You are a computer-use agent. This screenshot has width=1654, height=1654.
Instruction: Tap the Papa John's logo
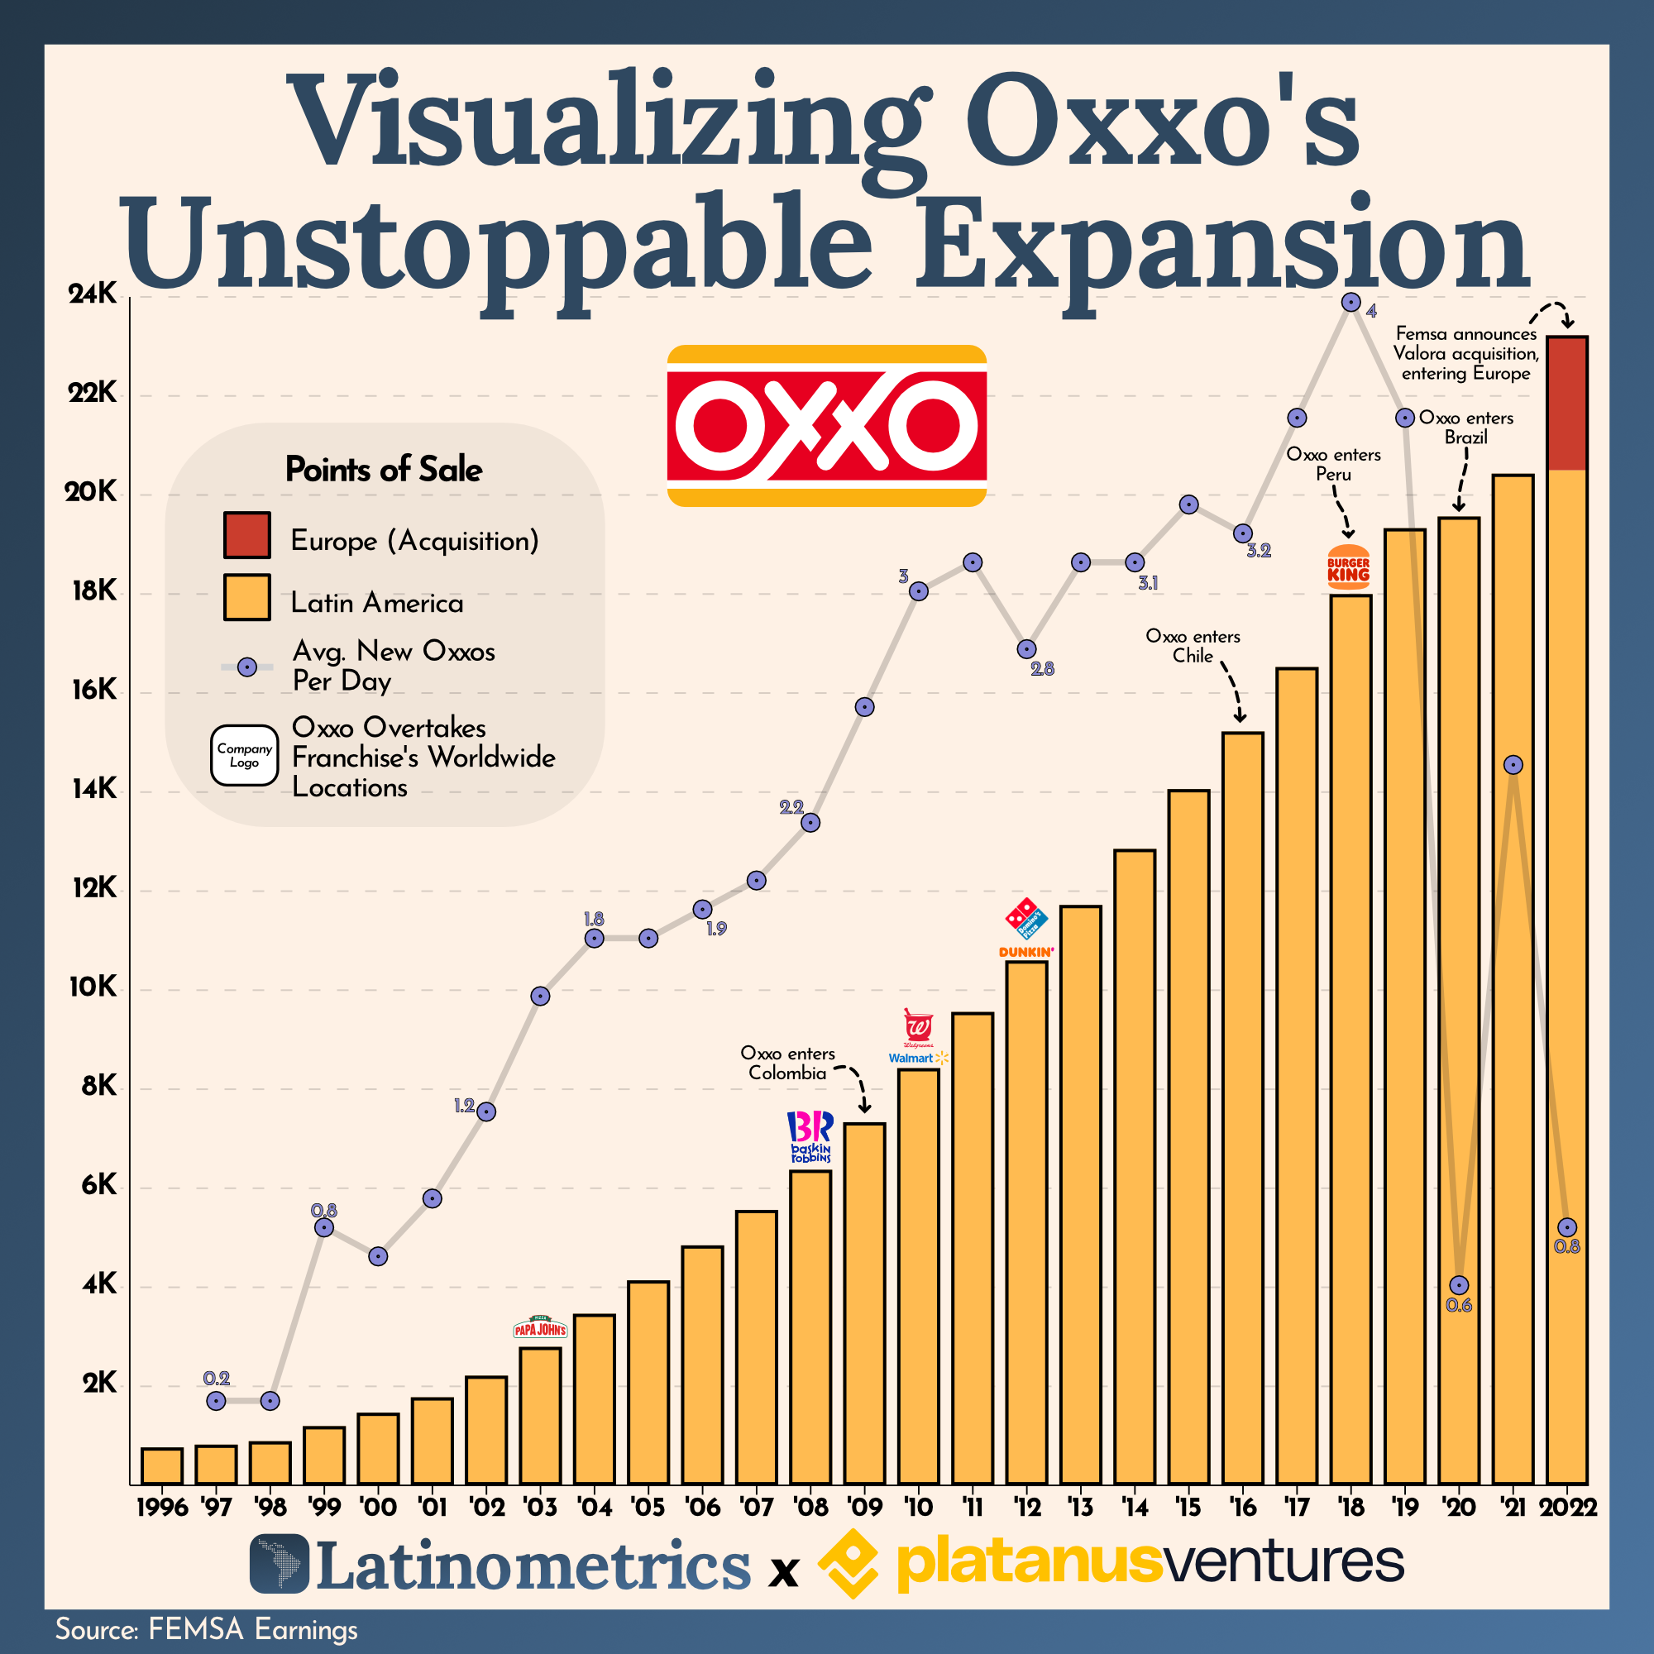539,1329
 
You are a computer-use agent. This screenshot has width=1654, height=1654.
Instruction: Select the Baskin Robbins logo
810,1137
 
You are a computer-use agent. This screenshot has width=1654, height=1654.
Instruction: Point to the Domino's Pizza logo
1025,919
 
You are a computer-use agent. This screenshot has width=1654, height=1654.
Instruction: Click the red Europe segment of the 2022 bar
1566,404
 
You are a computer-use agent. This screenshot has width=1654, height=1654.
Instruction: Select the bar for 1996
162,1465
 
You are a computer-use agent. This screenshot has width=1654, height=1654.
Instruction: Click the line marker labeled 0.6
1459,1285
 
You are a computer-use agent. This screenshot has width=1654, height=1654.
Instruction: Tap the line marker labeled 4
1351,302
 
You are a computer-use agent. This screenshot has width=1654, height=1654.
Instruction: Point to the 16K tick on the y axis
94,690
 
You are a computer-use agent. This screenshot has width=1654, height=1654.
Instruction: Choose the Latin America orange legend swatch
246,597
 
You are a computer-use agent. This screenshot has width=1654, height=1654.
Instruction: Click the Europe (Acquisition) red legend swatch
246,535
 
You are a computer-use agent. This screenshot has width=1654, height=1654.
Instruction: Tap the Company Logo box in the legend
244,755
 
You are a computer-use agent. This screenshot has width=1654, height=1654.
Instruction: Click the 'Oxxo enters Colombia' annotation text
786,1064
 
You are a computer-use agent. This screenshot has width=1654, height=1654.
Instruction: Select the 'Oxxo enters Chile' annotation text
1193,647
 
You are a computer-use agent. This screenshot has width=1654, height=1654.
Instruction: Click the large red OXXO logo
826,425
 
